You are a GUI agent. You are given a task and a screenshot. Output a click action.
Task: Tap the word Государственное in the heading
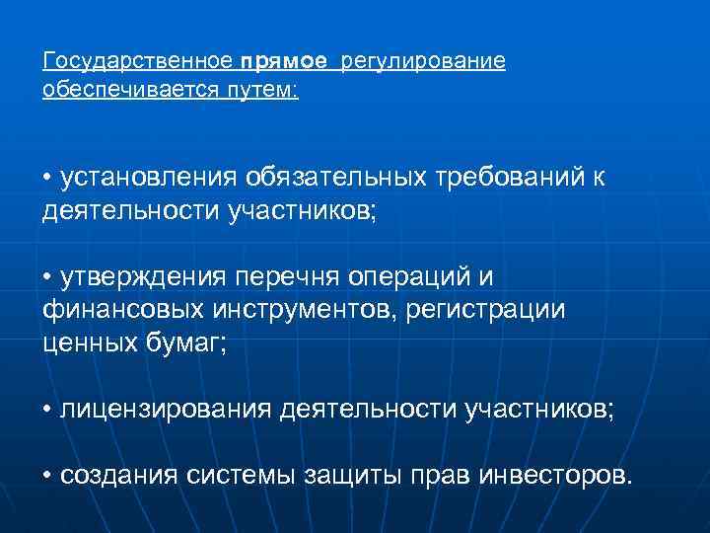(x=138, y=62)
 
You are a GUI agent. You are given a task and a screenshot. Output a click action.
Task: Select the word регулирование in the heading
(x=423, y=63)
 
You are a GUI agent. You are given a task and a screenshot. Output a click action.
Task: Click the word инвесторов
(x=552, y=476)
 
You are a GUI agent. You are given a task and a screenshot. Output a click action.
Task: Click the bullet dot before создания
(x=48, y=476)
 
